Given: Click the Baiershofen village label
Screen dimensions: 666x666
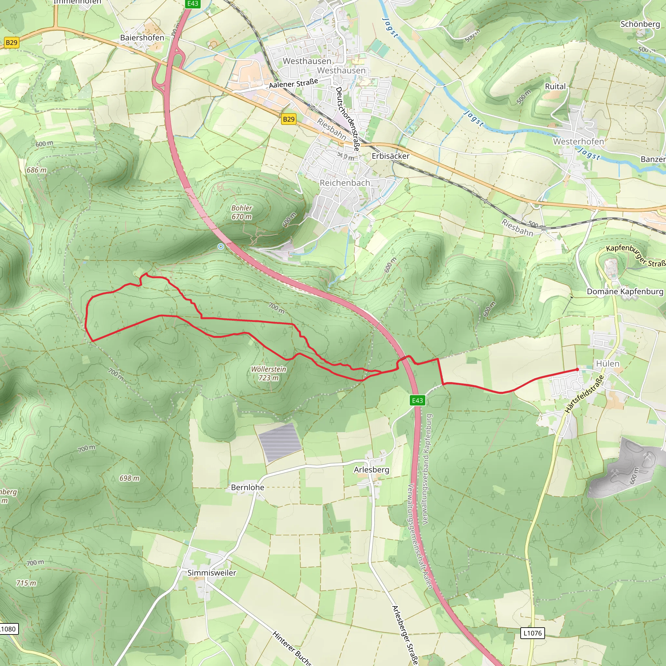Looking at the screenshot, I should click(142, 38).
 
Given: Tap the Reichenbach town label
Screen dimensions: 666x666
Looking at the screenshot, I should click(345, 183).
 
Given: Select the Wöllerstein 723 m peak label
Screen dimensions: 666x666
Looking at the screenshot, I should click(269, 373).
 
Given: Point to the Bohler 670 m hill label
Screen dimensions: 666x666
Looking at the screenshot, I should click(242, 212).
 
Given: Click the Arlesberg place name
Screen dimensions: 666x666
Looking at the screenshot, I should click(371, 470).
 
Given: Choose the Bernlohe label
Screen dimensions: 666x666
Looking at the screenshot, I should click(247, 487).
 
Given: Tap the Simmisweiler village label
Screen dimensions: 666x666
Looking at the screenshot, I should click(212, 573).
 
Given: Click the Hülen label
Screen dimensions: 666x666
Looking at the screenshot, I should click(608, 364).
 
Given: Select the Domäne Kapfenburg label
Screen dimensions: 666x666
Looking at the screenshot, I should click(625, 292).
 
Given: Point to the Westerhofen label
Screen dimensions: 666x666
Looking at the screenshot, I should click(579, 142).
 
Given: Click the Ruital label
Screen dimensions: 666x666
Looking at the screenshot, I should click(555, 87).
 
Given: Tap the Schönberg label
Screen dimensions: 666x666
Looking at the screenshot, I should click(640, 24).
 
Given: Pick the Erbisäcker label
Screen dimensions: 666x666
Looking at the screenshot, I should click(391, 156).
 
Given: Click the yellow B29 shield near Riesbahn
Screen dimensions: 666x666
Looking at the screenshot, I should click(288, 119).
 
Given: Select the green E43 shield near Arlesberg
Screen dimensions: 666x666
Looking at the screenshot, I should click(417, 400).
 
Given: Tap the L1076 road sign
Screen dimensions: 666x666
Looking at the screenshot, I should click(532, 633).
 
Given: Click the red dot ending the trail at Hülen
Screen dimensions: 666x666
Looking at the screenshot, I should click(578, 369).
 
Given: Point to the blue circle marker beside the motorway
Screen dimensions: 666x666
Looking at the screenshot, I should click(220, 246).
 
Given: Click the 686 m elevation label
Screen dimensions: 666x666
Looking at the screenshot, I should click(36, 170).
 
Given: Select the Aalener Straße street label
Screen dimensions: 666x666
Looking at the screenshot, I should click(293, 83).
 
